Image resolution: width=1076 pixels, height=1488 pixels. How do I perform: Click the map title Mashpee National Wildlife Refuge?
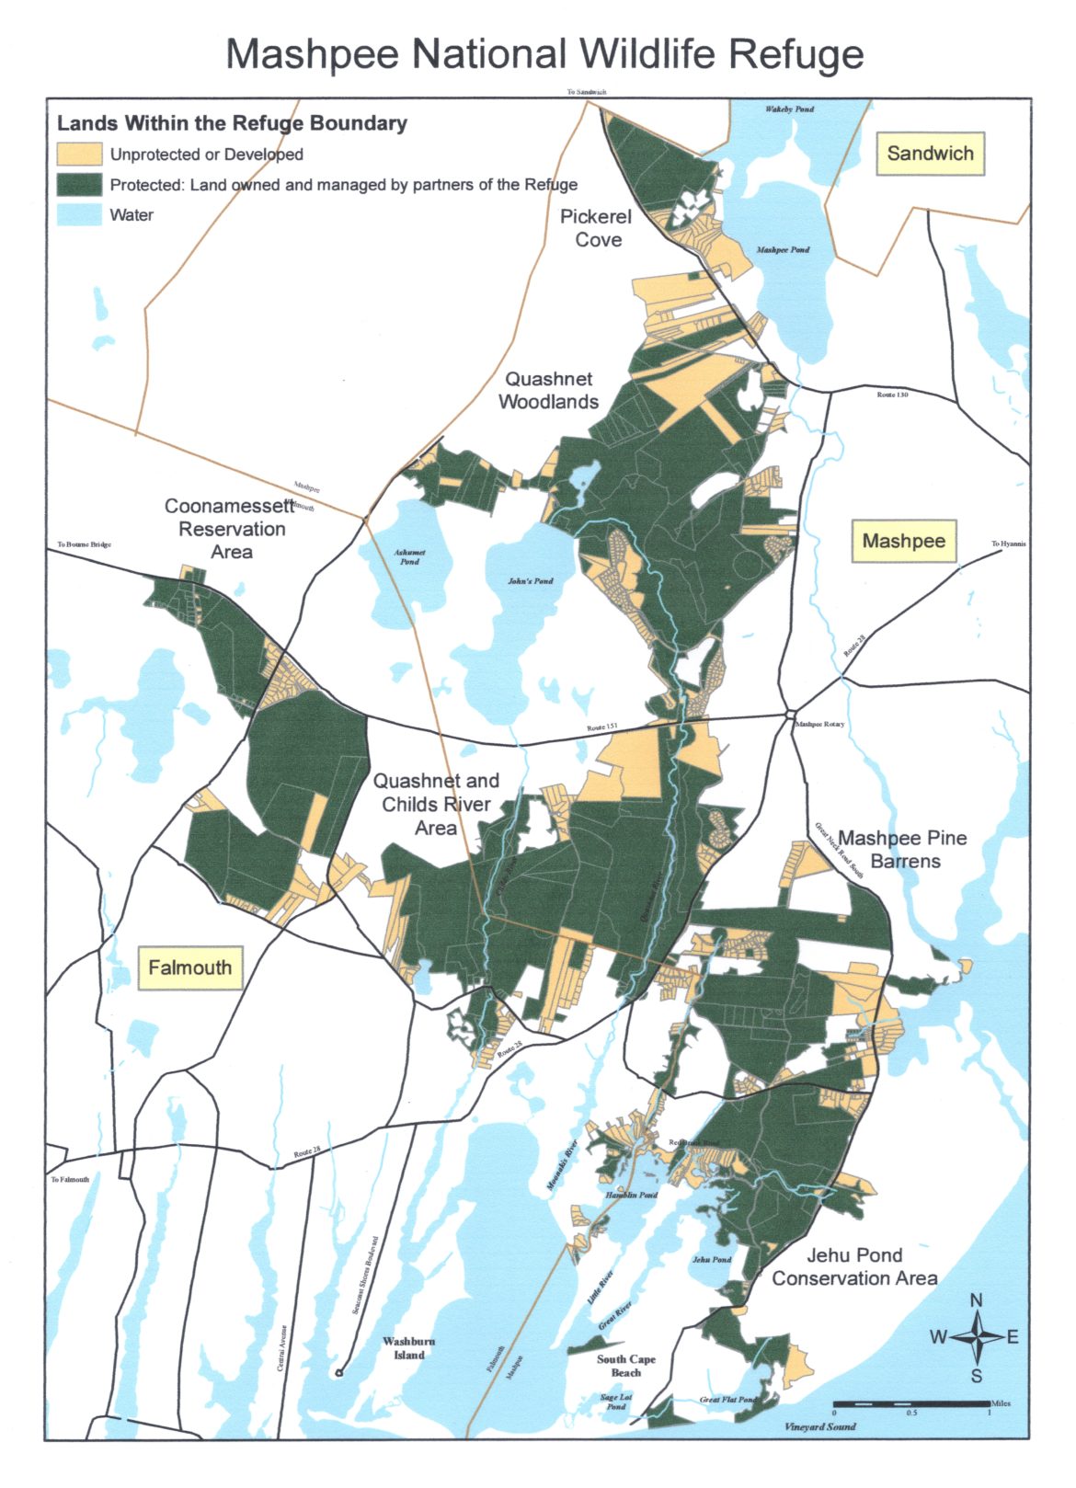click(544, 54)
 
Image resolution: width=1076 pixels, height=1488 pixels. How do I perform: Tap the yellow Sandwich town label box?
click(930, 154)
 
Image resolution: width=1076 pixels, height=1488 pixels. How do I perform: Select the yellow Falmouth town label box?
click(190, 967)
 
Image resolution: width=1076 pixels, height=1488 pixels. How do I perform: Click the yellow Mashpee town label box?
click(903, 541)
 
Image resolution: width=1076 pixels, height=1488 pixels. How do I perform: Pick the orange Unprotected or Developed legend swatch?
click(79, 154)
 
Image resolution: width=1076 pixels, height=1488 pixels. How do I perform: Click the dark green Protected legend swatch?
click(79, 184)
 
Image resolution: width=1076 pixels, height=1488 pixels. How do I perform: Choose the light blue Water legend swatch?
click(79, 215)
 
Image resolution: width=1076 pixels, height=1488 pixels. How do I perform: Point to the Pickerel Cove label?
click(597, 228)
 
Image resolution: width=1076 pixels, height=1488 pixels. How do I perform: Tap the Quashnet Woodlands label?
click(548, 390)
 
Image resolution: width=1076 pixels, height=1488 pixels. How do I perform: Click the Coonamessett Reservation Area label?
click(230, 529)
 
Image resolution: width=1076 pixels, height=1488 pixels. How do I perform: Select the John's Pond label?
click(531, 581)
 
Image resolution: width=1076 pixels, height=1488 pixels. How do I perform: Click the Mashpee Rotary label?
click(819, 724)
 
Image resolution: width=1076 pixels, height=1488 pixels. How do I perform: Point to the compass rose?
click(977, 1337)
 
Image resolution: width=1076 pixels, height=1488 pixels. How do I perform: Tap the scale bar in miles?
click(910, 1404)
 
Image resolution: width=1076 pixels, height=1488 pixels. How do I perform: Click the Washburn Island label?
click(409, 1347)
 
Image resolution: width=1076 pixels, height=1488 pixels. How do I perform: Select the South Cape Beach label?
click(625, 1366)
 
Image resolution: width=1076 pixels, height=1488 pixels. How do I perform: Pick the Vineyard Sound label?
click(819, 1426)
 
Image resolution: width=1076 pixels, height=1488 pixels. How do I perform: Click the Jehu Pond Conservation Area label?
click(854, 1266)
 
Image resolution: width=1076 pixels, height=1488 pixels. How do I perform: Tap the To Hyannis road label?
click(1008, 544)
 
